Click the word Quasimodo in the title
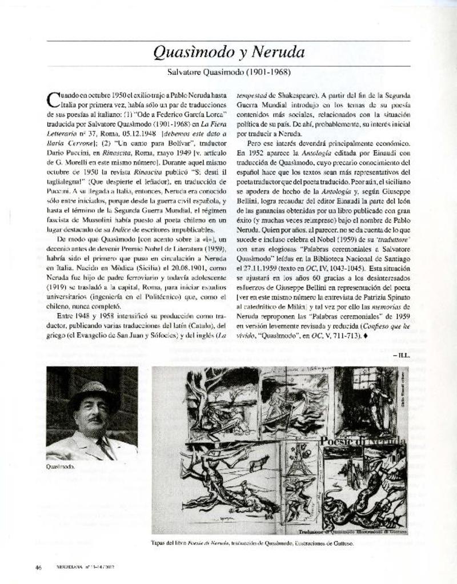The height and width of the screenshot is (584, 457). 187,53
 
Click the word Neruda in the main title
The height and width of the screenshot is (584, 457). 276,53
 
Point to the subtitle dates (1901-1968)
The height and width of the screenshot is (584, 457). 268,73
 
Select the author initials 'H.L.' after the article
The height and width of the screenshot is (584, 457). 402,355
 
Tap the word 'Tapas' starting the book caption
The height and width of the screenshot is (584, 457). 159,543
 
